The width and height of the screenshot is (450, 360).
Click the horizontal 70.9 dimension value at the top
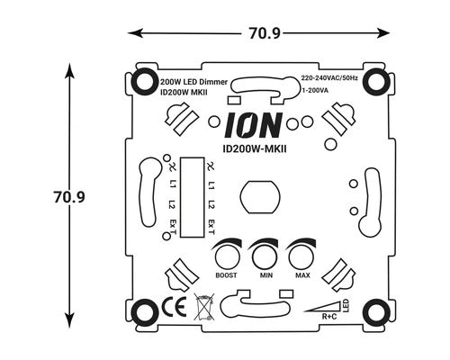pos(262,34)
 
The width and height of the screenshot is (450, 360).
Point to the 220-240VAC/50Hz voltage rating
pos(329,79)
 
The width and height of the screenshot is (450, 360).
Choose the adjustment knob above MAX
pos(300,251)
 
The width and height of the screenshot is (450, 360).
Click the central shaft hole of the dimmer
pos(260,195)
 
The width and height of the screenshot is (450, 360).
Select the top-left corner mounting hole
pos(144,83)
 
